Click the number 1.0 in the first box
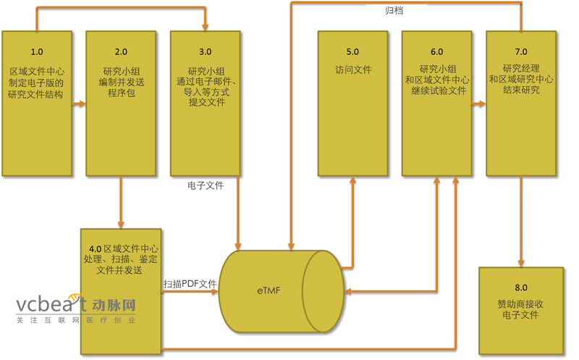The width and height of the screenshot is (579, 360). point(36,51)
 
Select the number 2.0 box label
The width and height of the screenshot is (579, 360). point(121,51)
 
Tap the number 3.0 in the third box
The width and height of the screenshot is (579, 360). point(205,51)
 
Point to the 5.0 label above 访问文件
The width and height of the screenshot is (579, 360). point(352,51)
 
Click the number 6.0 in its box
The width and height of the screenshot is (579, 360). point(436,51)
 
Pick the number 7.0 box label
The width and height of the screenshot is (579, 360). point(520,51)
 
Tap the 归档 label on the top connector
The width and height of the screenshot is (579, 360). point(394,11)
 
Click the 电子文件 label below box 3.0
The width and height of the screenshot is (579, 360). point(206,185)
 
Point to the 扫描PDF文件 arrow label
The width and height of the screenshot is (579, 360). point(190,283)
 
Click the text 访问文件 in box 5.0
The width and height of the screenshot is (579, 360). point(352,72)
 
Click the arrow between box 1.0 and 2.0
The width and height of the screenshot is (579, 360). point(78,104)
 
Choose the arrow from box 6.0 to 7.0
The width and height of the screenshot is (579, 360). point(478,104)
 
